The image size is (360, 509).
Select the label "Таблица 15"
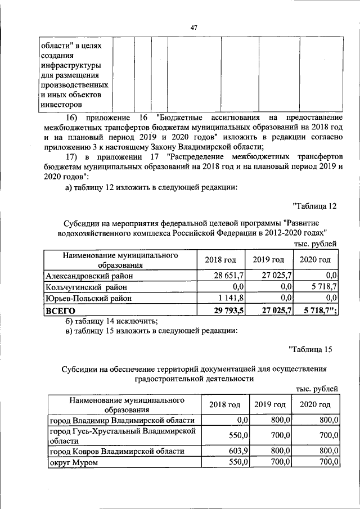click(312, 350)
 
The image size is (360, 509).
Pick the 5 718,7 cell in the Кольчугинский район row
click(323, 286)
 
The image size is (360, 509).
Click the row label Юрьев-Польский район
click(90, 298)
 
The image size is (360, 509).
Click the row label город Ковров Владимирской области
click(116, 451)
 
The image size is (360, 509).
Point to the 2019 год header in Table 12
click(269, 260)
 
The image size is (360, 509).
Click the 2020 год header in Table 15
click(315, 405)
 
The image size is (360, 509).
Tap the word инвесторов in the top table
click(61, 103)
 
